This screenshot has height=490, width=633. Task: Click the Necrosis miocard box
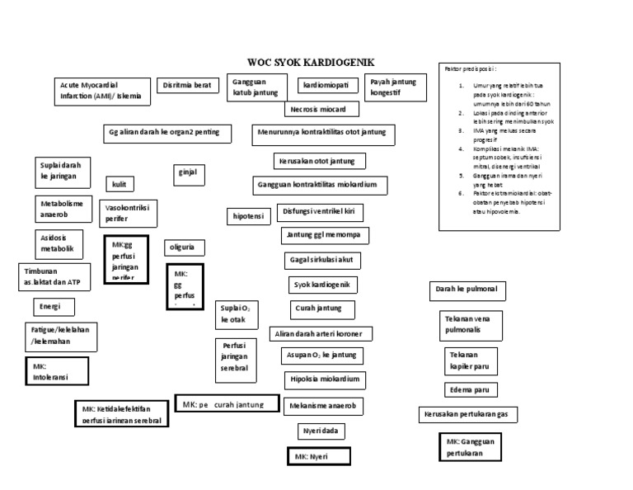(321, 109)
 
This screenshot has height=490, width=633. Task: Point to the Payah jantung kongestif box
(395, 87)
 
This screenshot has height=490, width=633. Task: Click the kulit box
(120, 184)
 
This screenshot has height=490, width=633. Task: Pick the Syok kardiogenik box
(323, 285)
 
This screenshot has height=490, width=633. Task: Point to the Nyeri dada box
(321, 431)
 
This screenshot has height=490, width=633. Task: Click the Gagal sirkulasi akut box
(321, 261)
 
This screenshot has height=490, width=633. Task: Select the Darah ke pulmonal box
(467, 290)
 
